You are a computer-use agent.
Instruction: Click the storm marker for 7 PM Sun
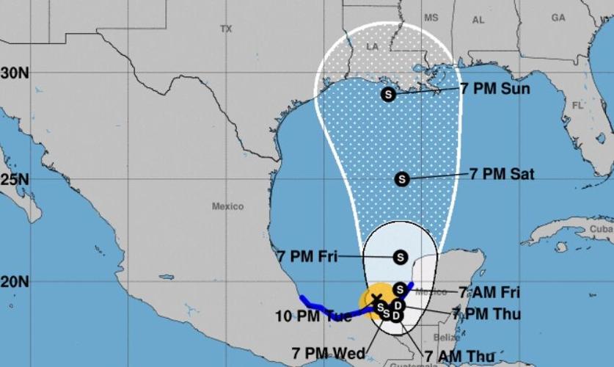click(388, 94)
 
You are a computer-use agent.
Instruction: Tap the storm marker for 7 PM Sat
click(401, 178)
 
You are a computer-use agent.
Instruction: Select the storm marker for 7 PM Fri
click(400, 257)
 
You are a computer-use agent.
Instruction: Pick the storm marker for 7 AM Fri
click(400, 288)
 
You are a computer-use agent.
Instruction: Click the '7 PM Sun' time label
click(495, 88)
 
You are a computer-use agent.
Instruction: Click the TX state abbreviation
click(225, 29)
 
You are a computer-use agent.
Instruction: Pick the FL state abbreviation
click(577, 105)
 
